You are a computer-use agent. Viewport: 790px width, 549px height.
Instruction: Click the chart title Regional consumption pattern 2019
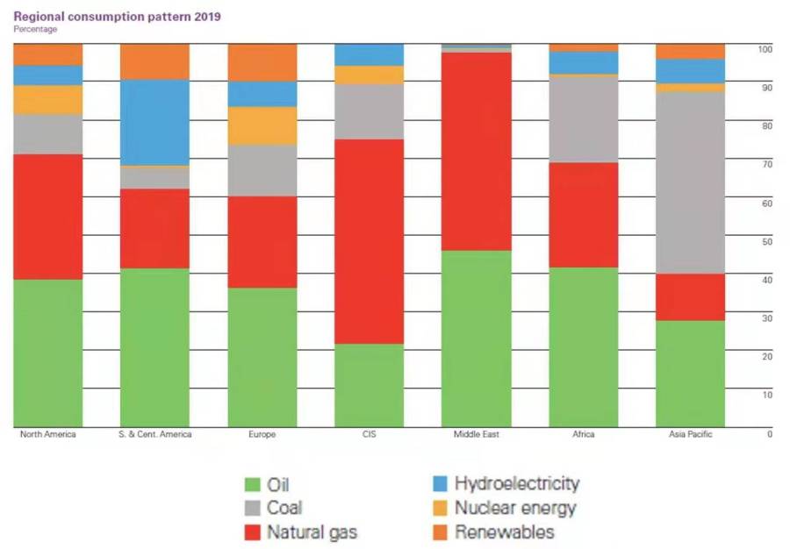pyautogui.click(x=118, y=17)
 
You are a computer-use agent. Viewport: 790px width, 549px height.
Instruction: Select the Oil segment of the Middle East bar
pyautogui.click(x=477, y=339)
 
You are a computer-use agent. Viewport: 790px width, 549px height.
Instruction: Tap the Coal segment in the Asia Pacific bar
pyautogui.click(x=690, y=182)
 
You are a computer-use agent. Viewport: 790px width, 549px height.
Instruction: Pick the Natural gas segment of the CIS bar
pyautogui.click(x=370, y=241)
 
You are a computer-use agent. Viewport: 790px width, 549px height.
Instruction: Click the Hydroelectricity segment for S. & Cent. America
pyautogui.click(x=154, y=122)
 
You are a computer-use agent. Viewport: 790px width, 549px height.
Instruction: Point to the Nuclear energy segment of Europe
pyautogui.click(x=262, y=125)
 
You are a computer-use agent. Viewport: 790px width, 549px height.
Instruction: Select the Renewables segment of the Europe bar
pyautogui.click(x=262, y=62)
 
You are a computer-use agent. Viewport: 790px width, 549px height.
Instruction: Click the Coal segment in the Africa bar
pyautogui.click(x=584, y=119)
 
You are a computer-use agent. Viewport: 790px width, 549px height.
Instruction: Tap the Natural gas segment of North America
pyautogui.click(x=48, y=217)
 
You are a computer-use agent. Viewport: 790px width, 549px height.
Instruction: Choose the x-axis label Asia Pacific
pyautogui.click(x=690, y=435)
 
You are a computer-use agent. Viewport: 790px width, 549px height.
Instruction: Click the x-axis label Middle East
pyautogui.click(x=477, y=435)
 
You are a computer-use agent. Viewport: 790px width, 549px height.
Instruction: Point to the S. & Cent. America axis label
pyautogui.click(x=154, y=435)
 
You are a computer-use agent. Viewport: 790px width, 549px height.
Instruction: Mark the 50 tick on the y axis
pyautogui.click(x=766, y=241)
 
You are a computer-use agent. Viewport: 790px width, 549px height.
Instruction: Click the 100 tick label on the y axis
pyautogui.click(x=765, y=49)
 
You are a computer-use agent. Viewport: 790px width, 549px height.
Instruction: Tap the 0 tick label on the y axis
pyautogui.click(x=770, y=434)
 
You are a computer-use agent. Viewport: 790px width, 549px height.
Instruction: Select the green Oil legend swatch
pyautogui.click(x=252, y=484)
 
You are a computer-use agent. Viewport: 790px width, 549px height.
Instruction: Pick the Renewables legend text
pyautogui.click(x=504, y=531)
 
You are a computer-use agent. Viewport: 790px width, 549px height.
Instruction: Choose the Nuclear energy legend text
pyautogui.click(x=515, y=508)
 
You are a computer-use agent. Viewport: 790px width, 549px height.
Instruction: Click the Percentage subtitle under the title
pyautogui.click(x=35, y=30)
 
